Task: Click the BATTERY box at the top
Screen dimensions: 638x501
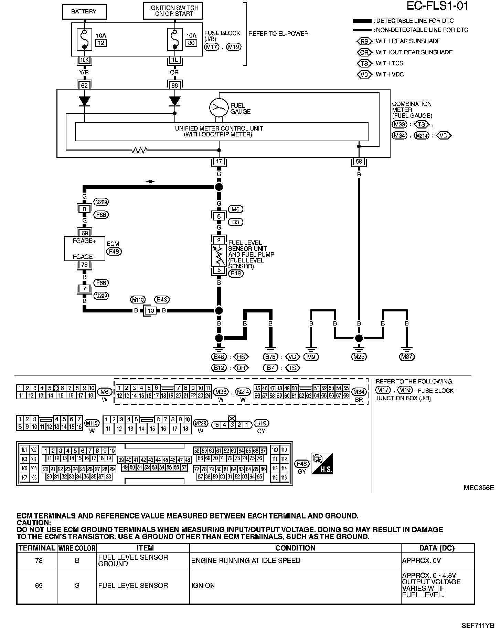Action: point(84,12)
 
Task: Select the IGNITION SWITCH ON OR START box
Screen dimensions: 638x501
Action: point(172,11)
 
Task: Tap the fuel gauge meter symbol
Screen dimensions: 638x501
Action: point(219,107)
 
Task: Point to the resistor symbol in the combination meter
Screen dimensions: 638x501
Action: point(139,150)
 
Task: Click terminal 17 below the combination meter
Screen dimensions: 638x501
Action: point(219,161)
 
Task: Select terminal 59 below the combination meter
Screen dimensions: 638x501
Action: point(359,161)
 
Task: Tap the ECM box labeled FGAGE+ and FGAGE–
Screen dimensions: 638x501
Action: point(85,249)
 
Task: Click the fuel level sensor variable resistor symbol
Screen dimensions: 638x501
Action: point(219,255)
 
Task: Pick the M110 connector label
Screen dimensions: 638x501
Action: point(138,300)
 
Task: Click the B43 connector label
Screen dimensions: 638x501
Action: point(162,300)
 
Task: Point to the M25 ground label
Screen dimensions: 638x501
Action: point(359,357)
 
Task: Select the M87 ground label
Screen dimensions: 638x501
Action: point(407,357)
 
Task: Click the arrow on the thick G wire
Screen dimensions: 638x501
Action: point(150,182)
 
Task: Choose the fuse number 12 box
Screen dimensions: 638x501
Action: point(101,43)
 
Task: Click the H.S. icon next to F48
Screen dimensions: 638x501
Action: point(322,464)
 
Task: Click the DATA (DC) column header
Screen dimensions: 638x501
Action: point(437,548)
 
